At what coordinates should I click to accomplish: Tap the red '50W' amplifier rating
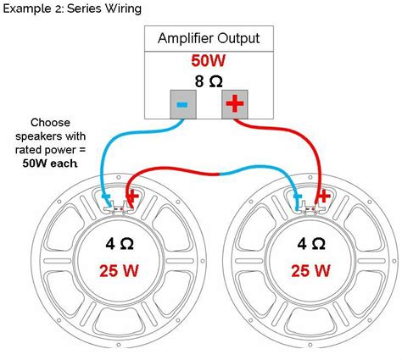click(208, 62)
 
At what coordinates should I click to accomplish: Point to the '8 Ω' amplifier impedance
click(208, 83)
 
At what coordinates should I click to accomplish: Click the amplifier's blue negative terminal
click(182, 105)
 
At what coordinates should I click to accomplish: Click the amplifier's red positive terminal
click(234, 105)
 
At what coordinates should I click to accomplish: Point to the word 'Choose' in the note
click(49, 122)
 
